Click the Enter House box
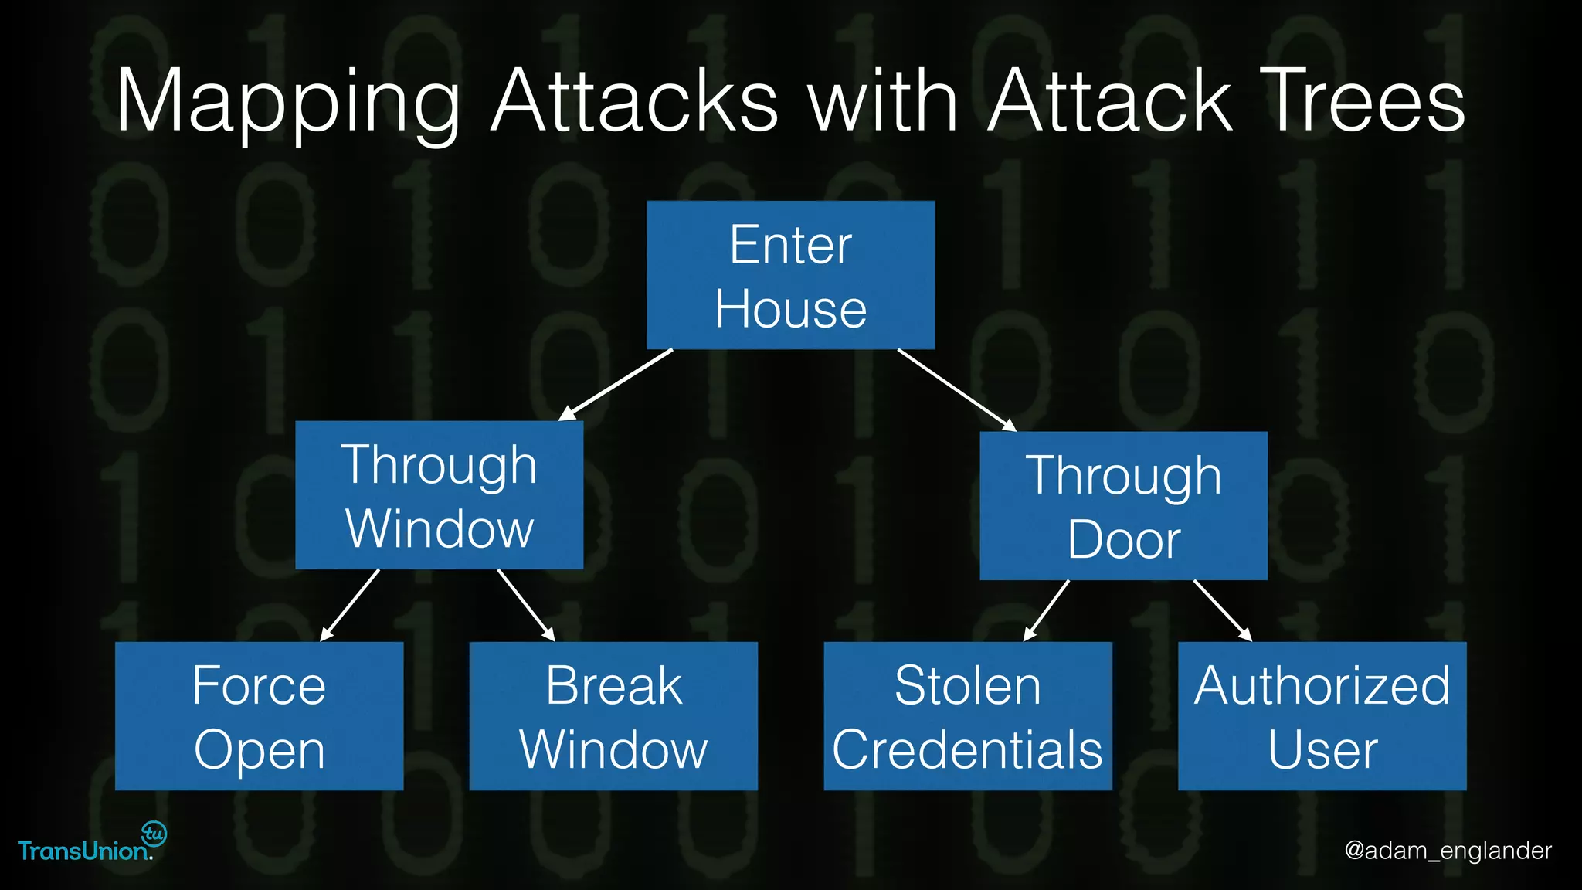point(790,275)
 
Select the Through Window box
point(439,495)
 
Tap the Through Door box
point(1123,506)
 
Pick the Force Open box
point(259,716)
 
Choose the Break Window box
point(613,716)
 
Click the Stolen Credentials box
point(967,716)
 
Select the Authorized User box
point(1322,716)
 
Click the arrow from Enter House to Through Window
point(616,385)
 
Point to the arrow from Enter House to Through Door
point(956,390)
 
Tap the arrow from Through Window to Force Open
point(350,605)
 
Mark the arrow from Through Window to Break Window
point(526,605)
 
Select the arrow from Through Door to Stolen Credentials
point(1047,610)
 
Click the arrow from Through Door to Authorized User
point(1222,610)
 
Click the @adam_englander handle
point(1448,851)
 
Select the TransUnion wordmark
point(83,851)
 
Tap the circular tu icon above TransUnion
point(154,834)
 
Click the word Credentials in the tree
point(967,749)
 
